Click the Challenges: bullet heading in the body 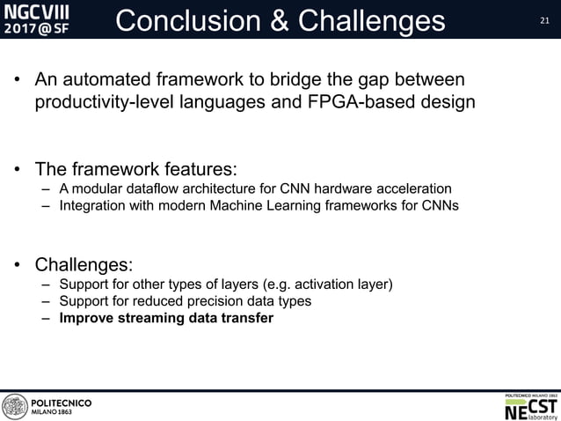tap(84, 263)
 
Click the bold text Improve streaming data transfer tap(166, 319)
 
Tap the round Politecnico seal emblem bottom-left tap(15, 407)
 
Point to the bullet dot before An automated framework tap(18, 82)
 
